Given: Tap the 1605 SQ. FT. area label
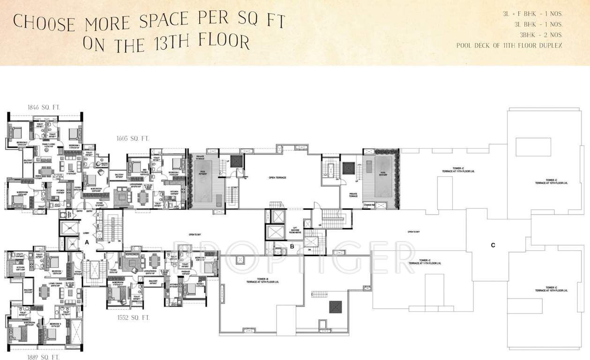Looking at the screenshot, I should (x=133, y=138).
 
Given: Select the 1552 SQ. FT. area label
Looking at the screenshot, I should (x=133, y=318).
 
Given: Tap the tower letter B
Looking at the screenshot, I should (x=291, y=246).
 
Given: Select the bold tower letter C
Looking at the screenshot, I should (x=493, y=245).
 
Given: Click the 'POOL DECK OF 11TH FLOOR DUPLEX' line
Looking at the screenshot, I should (x=509, y=45).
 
